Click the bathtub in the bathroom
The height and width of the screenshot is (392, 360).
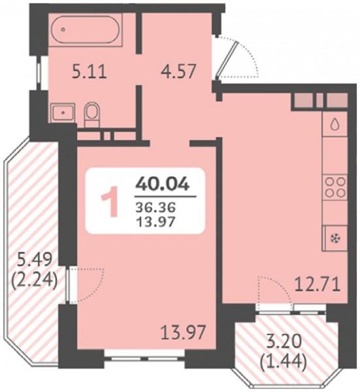[x=85, y=29]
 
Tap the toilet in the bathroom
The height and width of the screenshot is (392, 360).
[x=92, y=115]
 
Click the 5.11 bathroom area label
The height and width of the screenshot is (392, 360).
[x=90, y=73]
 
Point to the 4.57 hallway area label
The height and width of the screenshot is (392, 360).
[x=177, y=72]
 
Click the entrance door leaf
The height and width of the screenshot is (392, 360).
[x=227, y=60]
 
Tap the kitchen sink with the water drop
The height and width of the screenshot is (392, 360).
[x=335, y=124]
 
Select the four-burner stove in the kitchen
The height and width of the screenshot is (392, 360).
[x=335, y=188]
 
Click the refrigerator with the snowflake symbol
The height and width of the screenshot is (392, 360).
[x=335, y=238]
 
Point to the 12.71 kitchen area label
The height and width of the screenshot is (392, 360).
[x=318, y=286]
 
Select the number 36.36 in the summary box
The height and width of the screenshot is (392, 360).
[x=155, y=207]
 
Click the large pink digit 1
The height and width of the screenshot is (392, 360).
[x=110, y=201]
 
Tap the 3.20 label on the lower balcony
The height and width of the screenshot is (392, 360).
[x=283, y=342]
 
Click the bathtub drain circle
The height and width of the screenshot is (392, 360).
[x=63, y=29]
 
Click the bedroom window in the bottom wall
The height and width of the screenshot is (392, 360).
[x=144, y=358]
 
